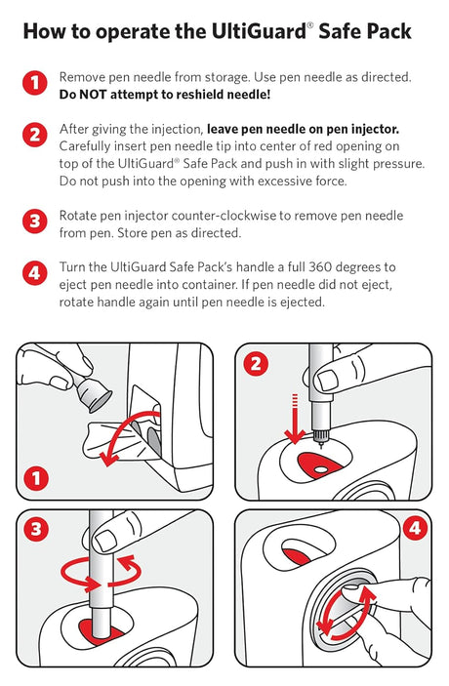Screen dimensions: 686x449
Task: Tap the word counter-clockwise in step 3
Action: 231,215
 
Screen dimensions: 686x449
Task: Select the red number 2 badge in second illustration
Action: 257,365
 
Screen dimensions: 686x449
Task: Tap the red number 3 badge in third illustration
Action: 36,530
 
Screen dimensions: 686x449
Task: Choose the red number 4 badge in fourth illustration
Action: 414,530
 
